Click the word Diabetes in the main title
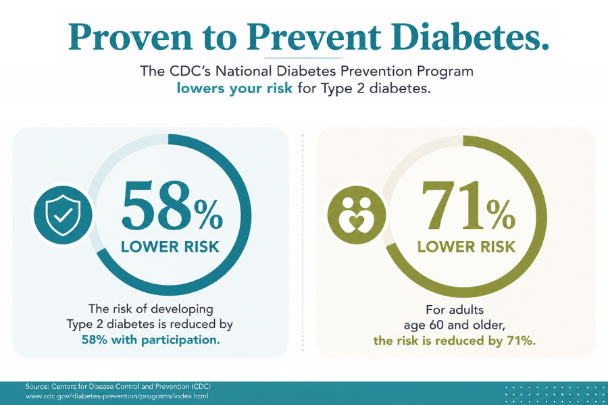point(470,36)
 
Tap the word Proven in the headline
point(130,37)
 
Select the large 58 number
point(158,205)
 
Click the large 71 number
point(453,205)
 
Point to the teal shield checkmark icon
point(64,215)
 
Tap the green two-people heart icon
point(357,215)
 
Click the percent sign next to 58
point(209,215)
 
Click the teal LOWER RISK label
point(170,247)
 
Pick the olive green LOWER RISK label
point(466,247)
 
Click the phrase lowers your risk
point(234,88)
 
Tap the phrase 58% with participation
point(151,340)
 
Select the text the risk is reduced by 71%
point(455,341)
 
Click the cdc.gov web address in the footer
point(117,396)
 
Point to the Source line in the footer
point(118,386)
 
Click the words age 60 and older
point(455,325)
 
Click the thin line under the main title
point(303,58)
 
